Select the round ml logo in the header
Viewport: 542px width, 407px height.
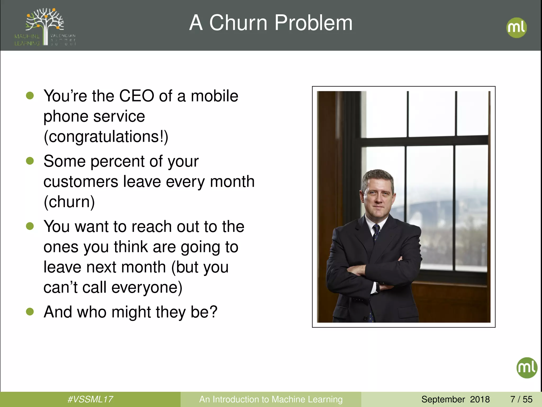(x=516, y=28)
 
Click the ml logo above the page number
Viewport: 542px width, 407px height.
(x=527, y=368)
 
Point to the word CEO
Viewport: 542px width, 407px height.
(x=137, y=96)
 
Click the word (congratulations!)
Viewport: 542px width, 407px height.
(x=106, y=137)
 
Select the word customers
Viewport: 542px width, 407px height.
(x=81, y=182)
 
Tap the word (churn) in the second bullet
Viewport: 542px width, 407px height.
(x=69, y=202)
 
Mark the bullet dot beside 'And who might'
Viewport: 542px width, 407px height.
(x=30, y=312)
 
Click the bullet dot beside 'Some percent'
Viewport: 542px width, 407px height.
(x=30, y=161)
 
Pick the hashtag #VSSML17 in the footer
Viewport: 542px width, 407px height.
(x=90, y=399)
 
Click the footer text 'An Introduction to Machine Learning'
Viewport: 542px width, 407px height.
(x=271, y=399)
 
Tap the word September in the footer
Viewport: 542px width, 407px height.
(x=443, y=399)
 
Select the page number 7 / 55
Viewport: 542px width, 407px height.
(x=521, y=399)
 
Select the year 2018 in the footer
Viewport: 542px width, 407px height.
(x=480, y=399)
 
